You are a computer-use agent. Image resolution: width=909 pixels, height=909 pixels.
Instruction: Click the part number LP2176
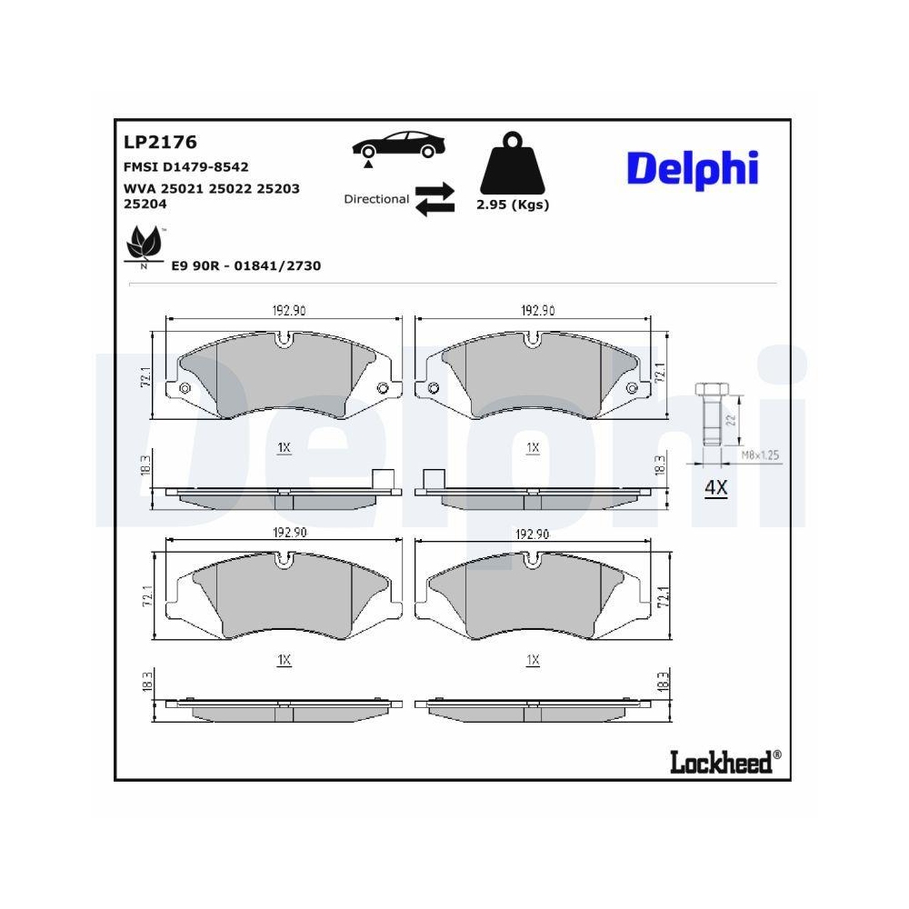pos(160,143)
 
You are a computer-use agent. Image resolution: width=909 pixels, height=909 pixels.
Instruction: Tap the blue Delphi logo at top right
pos(692,168)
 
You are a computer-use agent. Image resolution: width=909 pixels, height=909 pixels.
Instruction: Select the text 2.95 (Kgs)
pos(513,205)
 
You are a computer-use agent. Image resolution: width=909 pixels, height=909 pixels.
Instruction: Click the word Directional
pos(376,199)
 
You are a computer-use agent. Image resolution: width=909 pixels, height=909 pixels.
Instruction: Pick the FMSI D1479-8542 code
pos(185,167)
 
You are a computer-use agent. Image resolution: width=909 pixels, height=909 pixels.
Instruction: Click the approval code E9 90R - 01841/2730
pos(246,265)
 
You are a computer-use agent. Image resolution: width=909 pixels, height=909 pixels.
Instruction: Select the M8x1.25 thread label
pos(760,454)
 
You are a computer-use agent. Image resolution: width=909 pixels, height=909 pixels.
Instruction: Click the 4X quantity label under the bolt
pos(716,488)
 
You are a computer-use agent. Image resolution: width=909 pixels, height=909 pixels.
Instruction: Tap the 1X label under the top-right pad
pos(533,448)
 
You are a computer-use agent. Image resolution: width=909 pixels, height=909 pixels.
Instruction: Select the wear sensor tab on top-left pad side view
pos(384,479)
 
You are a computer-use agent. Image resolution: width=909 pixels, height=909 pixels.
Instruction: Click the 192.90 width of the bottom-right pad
pos(533,534)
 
